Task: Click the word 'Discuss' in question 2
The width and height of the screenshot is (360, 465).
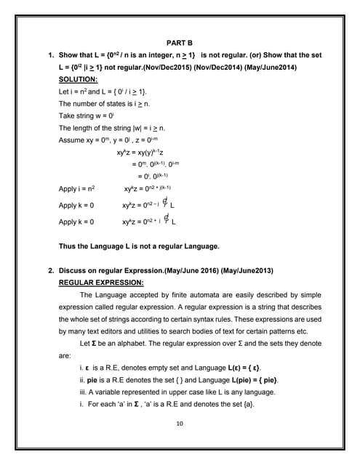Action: [x=73, y=270]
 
